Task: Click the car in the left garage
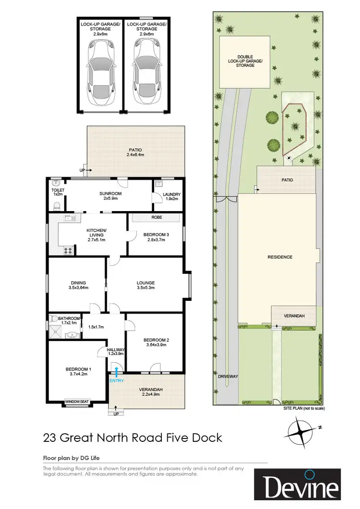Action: (x=100, y=69)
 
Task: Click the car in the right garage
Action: (x=145, y=69)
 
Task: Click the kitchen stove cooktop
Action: (x=67, y=249)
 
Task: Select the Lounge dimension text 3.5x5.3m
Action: (x=146, y=289)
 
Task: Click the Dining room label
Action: (x=76, y=283)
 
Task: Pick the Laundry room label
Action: (x=171, y=194)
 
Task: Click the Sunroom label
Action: (x=111, y=193)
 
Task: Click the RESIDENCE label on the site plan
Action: (x=280, y=257)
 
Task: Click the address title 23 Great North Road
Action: (x=132, y=438)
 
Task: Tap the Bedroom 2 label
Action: (x=155, y=342)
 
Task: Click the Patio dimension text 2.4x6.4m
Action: (x=135, y=155)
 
